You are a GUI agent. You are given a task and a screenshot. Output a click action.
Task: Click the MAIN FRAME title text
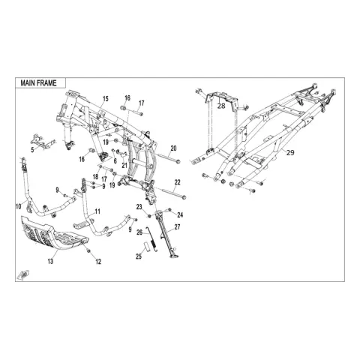point(38,83)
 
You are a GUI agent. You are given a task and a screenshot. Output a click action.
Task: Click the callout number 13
point(50,261)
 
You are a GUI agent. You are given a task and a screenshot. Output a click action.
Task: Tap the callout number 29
point(290,152)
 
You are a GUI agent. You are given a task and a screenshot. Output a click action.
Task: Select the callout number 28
point(221,106)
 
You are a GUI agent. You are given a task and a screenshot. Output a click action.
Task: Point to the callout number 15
point(106,99)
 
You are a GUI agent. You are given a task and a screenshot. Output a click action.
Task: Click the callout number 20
point(173,148)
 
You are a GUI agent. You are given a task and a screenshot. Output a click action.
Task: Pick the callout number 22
point(177,182)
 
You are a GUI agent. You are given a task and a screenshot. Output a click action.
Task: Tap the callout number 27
point(177,227)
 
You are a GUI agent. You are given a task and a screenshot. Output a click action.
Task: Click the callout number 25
point(139,256)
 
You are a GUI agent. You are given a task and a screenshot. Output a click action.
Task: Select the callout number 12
point(98,262)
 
